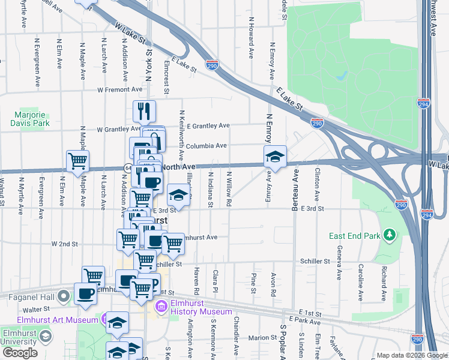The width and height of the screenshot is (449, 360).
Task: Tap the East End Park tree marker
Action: pyautogui.click(x=390, y=233)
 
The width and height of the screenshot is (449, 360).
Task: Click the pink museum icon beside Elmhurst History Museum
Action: pyautogui.click(x=161, y=308)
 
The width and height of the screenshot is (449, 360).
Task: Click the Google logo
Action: pyautogui.click(x=20, y=353)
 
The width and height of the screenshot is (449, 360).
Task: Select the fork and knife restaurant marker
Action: pyautogui.click(x=144, y=110)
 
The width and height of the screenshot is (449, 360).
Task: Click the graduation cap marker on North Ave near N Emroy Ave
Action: pyautogui.click(x=275, y=157)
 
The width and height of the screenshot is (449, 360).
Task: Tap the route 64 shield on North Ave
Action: pyautogui.click(x=128, y=167)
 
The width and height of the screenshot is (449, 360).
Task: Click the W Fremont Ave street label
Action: pyautogui.click(x=120, y=89)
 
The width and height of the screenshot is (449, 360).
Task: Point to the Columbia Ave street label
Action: pyautogui.click(x=206, y=145)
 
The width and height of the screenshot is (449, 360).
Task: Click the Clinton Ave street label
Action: pyautogui.click(x=316, y=185)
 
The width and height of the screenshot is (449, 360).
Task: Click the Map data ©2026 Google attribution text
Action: pyautogui.click(x=411, y=355)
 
